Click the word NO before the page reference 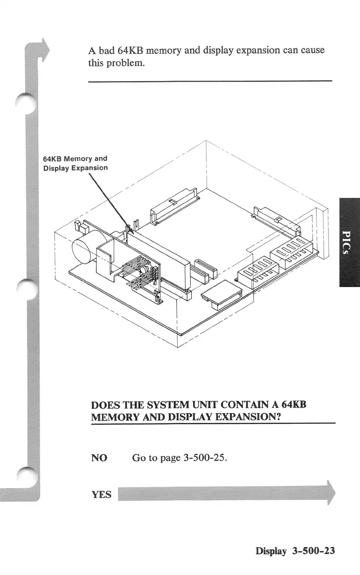click(x=99, y=457)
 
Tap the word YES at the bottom click(x=101, y=494)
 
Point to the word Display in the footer click(x=271, y=551)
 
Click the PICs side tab click(x=349, y=242)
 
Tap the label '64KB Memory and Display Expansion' click(x=75, y=163)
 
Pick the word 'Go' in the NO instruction click(x=139, y=457)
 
